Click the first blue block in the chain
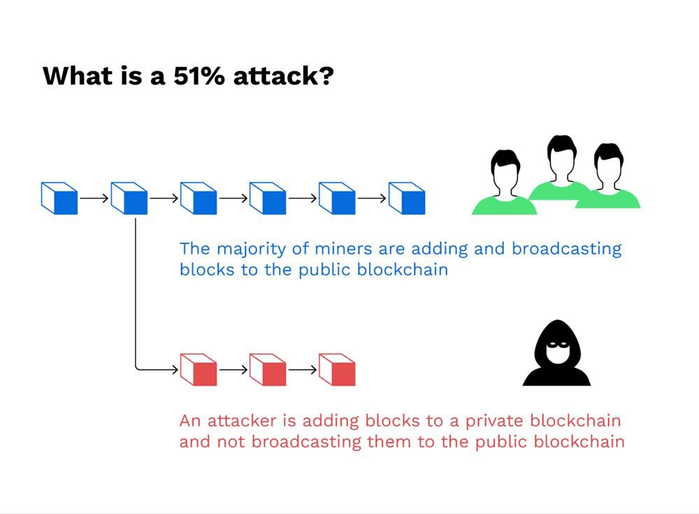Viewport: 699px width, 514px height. pos(59,198)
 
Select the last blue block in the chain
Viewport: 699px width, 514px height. pos(407,198)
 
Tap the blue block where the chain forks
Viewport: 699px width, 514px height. pos(129,198)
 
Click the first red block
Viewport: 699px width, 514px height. pos(198,369)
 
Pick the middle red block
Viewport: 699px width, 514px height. pos(268,369)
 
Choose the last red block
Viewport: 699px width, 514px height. pos(337,369)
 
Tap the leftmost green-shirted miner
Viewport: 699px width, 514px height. pos(504,182)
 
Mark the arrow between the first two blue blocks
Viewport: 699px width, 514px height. pos(94,198)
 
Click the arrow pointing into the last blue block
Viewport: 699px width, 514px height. pos(372,198)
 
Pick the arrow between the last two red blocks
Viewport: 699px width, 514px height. pos(302,369)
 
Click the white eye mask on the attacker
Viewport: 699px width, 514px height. pos(556,343)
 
